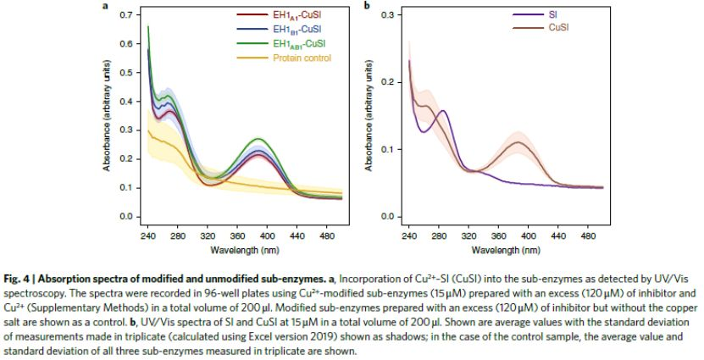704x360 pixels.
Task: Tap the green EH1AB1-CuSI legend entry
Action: point(296,42)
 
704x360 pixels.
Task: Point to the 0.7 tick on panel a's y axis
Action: point(125,15)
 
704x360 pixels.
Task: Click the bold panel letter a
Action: point(105,6)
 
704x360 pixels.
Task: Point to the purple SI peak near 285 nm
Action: point(442,111)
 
